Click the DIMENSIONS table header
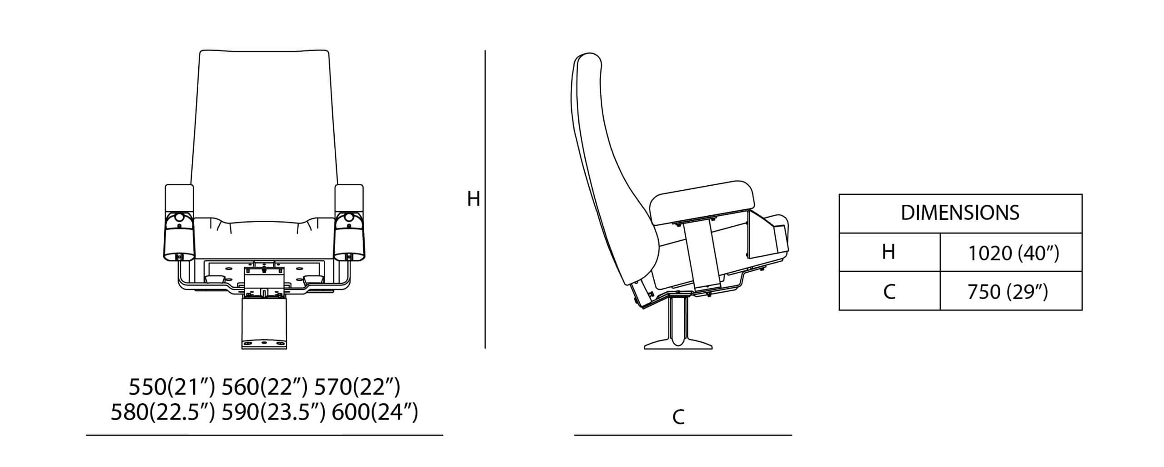click(x=960, y=213)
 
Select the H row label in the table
click(x=888, y=252)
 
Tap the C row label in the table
click(x=889, y=291)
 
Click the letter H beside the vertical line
click(x=474, y=199)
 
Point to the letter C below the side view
click(x=678, y=417)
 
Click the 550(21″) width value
click(x=171, y=387)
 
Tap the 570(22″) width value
click(x=357, y=387)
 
